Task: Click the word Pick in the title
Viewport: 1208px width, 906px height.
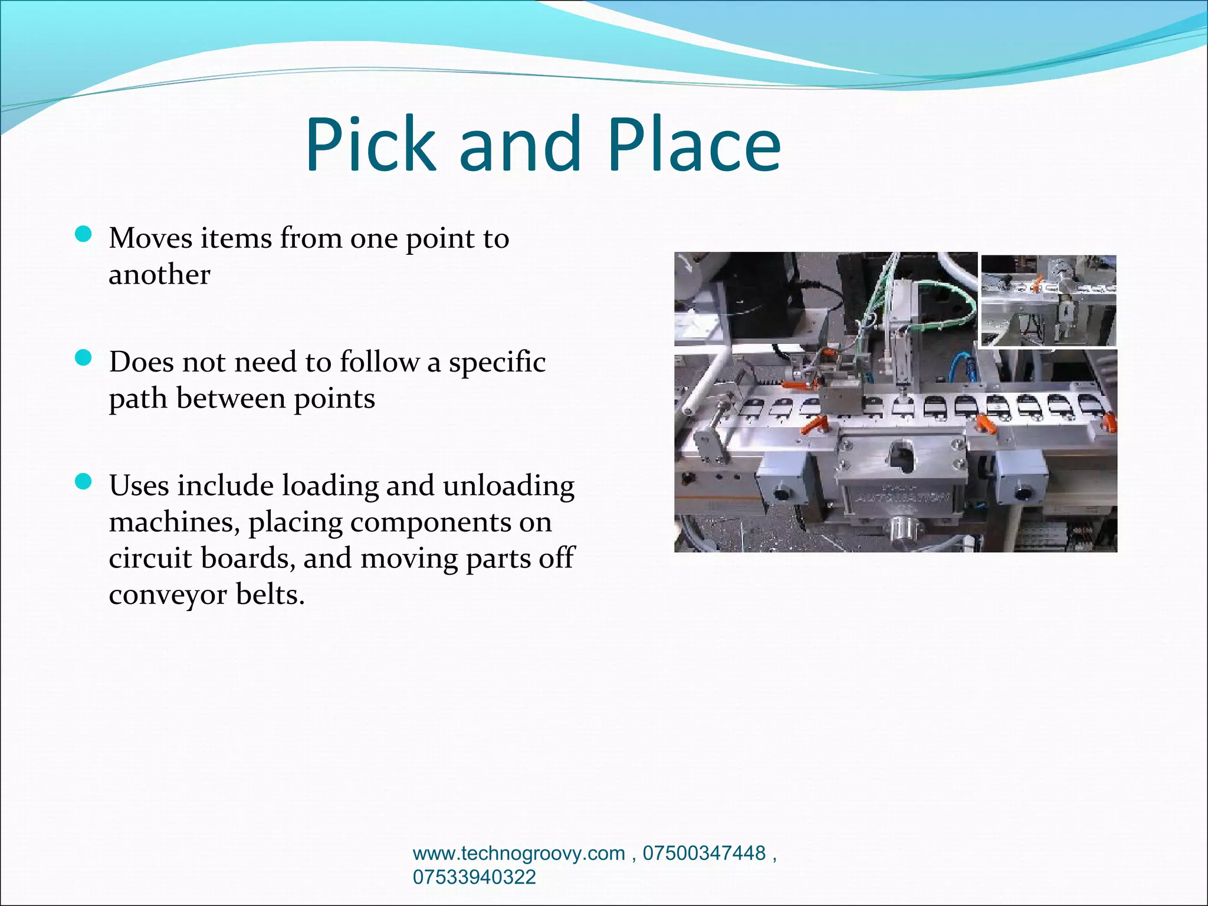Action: coord(370,145)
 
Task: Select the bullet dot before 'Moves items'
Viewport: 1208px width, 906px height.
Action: coord(84,235)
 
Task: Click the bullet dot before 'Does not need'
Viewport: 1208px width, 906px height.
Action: coord(84,359)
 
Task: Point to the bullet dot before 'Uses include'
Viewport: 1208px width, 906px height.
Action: coord(84,482)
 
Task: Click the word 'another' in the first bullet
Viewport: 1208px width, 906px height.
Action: coord(159,275)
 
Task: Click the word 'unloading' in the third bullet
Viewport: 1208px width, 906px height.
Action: coord(508,486)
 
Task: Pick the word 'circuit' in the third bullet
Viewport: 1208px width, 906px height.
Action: coord(150,558)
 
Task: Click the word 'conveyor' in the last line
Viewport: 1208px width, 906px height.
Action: coord(168,595)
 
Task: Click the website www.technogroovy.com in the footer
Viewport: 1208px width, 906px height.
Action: coord(518,853)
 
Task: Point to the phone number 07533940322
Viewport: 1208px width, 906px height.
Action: coord(474,877)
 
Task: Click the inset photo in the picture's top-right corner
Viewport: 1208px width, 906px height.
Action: coord(1048,300)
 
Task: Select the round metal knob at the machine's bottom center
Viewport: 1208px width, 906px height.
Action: coord(902,526)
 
